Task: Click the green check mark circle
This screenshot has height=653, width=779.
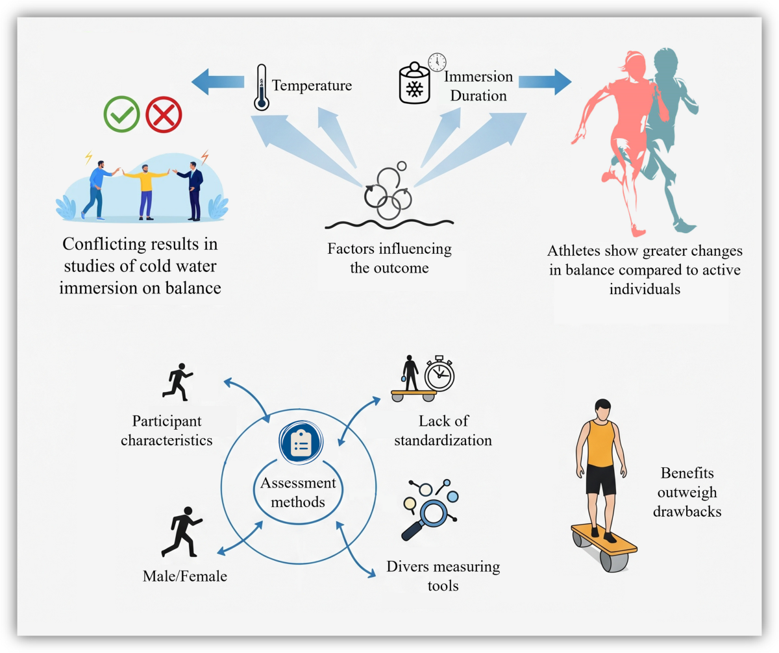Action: pos(121,114)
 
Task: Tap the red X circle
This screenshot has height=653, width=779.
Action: pos(164,115)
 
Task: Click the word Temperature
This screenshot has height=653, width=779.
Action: pos(312,86)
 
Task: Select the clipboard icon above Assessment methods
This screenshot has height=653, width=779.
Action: pos(300,441)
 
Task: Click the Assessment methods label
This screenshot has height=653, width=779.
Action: pos(299,492)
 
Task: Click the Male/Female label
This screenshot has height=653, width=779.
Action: pos(186,575)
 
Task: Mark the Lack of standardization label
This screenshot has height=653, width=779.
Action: pos(445,430)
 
